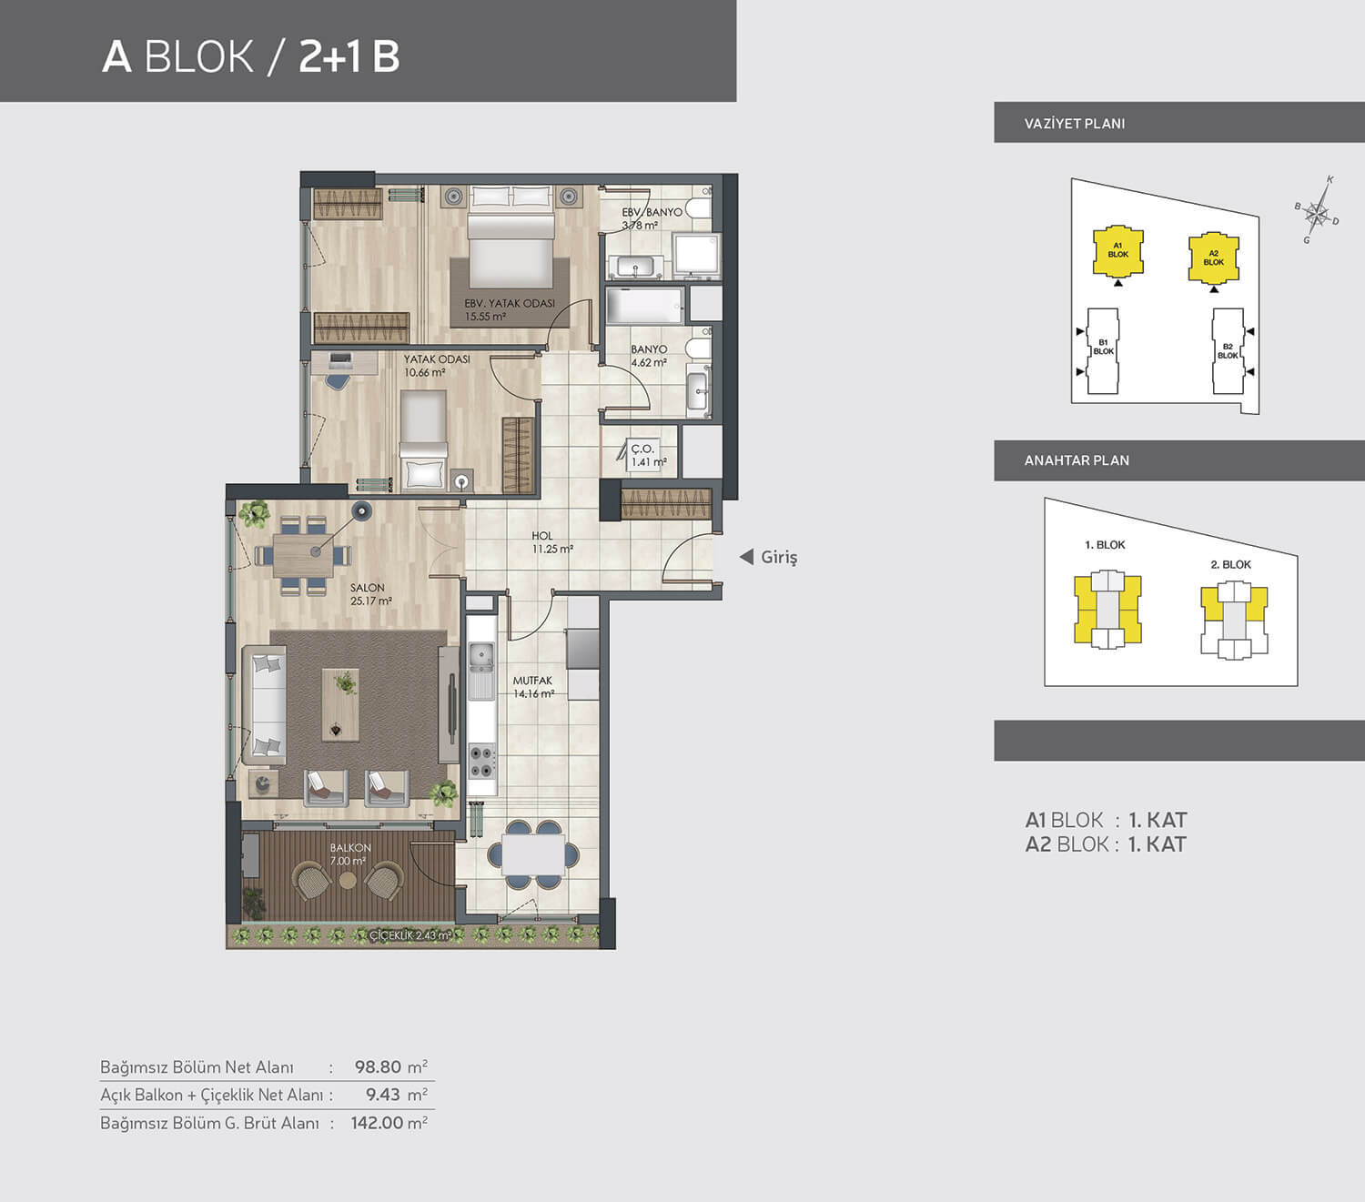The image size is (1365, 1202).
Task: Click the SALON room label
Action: (368, 588)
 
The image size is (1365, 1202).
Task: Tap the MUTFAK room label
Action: (532, 682)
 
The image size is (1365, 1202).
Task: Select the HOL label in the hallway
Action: (542, 536)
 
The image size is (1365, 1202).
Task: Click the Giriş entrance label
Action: (779, 558)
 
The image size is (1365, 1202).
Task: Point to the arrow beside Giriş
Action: (746, 557)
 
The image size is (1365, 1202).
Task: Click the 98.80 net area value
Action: (378, 1067)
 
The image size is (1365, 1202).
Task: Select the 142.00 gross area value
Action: (377, 1123)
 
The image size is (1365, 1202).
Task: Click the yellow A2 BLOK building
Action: (1213, 258)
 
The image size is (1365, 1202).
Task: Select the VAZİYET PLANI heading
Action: (1075, 124)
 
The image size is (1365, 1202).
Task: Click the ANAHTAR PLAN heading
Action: (1077, 460)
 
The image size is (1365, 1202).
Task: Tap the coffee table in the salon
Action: (341, 705)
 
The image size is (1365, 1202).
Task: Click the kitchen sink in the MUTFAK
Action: (481, 657)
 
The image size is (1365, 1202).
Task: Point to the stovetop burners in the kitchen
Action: (481, 762)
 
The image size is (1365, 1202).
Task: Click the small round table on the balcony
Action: (348, 880)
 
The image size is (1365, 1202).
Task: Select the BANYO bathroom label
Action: (649, 349)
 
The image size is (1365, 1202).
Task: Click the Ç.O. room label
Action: (642, 449)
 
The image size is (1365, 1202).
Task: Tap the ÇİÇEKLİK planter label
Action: (410, 935)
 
